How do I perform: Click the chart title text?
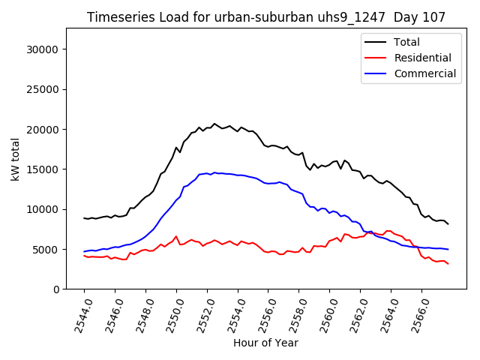point(265,17)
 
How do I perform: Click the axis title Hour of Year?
point(265,343)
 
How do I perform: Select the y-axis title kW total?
point(15,159)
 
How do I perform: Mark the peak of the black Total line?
point(214,124)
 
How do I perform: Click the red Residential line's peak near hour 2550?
point(176,236)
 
